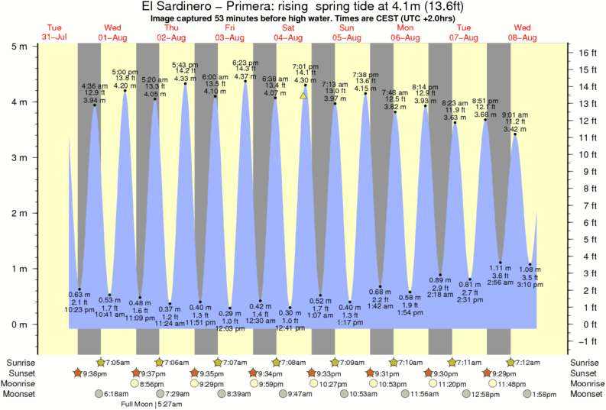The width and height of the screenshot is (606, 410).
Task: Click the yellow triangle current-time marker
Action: (303, 95)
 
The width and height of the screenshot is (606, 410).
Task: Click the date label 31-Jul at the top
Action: (54, 37)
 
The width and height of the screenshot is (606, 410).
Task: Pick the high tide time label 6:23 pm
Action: (245, 63)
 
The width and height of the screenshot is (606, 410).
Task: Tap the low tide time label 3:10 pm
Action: (530, 286)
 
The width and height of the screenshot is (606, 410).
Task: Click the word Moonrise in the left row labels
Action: (23, 383)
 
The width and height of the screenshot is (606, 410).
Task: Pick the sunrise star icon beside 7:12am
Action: (510, 361)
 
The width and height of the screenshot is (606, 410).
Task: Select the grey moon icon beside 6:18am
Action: (99, 394)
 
